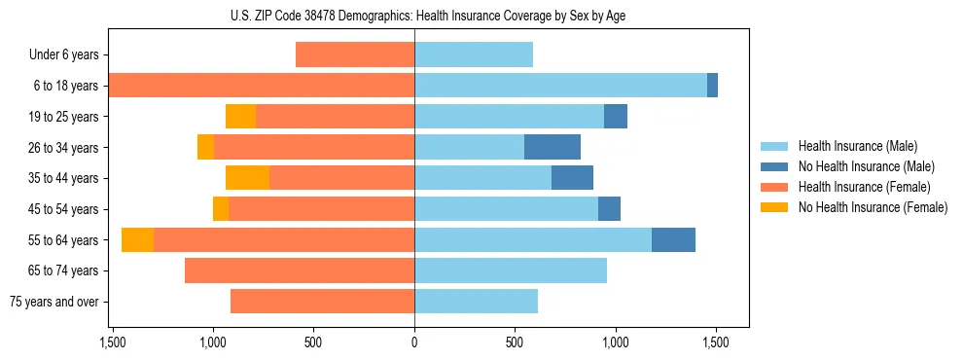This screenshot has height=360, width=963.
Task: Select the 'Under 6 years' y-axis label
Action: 63,55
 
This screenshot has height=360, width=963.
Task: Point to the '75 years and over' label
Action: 53,302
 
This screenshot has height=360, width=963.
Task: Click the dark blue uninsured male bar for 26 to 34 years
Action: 553,147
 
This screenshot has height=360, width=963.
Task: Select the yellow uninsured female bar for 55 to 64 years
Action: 137,239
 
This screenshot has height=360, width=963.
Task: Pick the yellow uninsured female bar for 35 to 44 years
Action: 247,178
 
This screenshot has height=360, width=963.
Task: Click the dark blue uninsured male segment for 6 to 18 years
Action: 712,86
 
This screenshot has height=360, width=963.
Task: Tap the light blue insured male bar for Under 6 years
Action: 474,54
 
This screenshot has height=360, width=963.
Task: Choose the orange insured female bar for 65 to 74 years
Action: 300,270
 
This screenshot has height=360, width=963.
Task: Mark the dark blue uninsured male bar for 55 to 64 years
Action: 673,239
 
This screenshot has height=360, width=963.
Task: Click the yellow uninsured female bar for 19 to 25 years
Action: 240,117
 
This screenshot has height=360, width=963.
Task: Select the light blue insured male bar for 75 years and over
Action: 476,302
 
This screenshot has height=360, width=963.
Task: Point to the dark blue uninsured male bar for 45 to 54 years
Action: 609,209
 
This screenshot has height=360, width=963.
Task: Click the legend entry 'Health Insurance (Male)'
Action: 857,146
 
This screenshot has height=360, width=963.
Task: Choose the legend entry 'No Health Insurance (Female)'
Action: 873,207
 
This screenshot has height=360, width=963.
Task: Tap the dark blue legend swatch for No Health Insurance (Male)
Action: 775,166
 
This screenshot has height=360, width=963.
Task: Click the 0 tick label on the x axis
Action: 414,342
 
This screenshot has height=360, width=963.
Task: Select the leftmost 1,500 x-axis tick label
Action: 113,342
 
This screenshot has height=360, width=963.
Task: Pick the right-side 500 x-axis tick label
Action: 515,342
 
